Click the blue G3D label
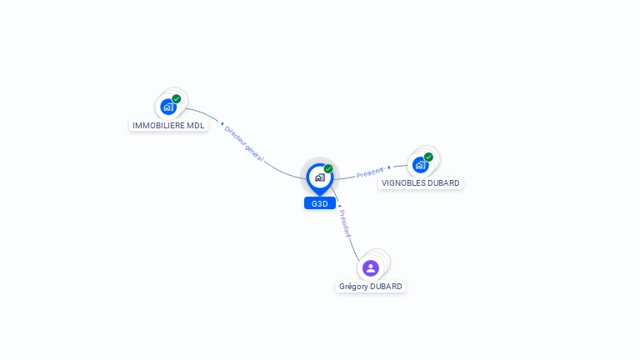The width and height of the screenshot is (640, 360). (x=320, y=203)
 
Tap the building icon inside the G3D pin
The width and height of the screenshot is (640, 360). (x=320, y=177)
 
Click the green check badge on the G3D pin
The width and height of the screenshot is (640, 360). (x=328, y=168)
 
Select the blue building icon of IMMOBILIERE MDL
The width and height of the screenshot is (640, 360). (x=168, y=107)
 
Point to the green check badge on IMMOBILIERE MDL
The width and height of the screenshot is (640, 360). (x=177, y=98)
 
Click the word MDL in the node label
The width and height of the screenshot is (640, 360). (x=195, y=126)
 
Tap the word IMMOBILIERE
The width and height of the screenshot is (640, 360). (x=158, y=126)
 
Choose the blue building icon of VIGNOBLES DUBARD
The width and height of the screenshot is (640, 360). (x=420, y=165)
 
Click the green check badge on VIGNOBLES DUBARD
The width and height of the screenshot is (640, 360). (x=428, y=157)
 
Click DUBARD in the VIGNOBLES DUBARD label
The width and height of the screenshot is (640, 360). (x=442, y=183)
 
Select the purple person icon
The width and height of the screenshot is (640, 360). (x=371, y=267)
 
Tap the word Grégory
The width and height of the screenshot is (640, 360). (x=353, y=287)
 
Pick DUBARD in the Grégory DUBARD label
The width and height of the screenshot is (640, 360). (x=386, y=287)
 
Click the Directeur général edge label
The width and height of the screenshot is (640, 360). (x=243, y=142)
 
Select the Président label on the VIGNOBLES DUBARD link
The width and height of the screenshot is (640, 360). (x=370, y=173)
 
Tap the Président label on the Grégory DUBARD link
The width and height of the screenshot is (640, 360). (x=345, y=223)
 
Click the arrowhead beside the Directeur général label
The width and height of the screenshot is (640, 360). (x=222, y=124)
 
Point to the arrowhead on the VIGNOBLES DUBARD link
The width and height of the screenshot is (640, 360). (x=389, y=168)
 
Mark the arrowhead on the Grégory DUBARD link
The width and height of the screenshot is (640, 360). (x=340, y=205)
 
